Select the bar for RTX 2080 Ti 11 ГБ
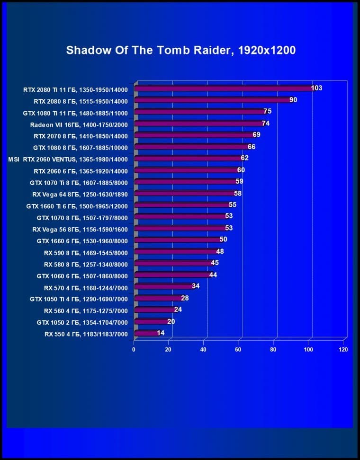[223, 88]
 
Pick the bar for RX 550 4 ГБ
[146, 334]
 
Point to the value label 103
[316, 88]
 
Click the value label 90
[293, 100]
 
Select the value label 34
[196, 286]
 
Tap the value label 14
[161, 333]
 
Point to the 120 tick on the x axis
[343, 350]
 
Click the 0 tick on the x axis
[134, 350]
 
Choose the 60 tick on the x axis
[239, 350]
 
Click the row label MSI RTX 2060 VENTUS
[68, 159]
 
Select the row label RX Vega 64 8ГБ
[80, 194]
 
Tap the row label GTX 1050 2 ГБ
[82, 322]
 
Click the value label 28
[185, 298]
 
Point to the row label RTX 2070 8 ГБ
[81, 135]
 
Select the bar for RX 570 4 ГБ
[163, 287]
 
